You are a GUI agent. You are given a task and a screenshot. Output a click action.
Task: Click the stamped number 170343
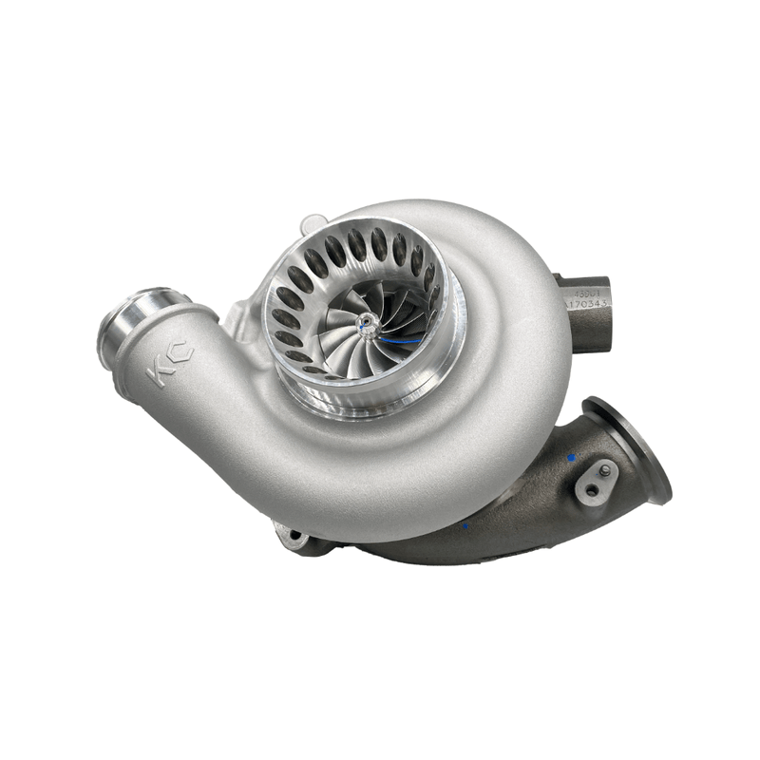589,305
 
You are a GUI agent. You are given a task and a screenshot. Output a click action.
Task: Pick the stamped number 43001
589,293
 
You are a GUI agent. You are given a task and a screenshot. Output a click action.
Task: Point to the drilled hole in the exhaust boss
591,488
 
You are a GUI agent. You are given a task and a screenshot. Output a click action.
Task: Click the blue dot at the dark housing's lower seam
466,523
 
